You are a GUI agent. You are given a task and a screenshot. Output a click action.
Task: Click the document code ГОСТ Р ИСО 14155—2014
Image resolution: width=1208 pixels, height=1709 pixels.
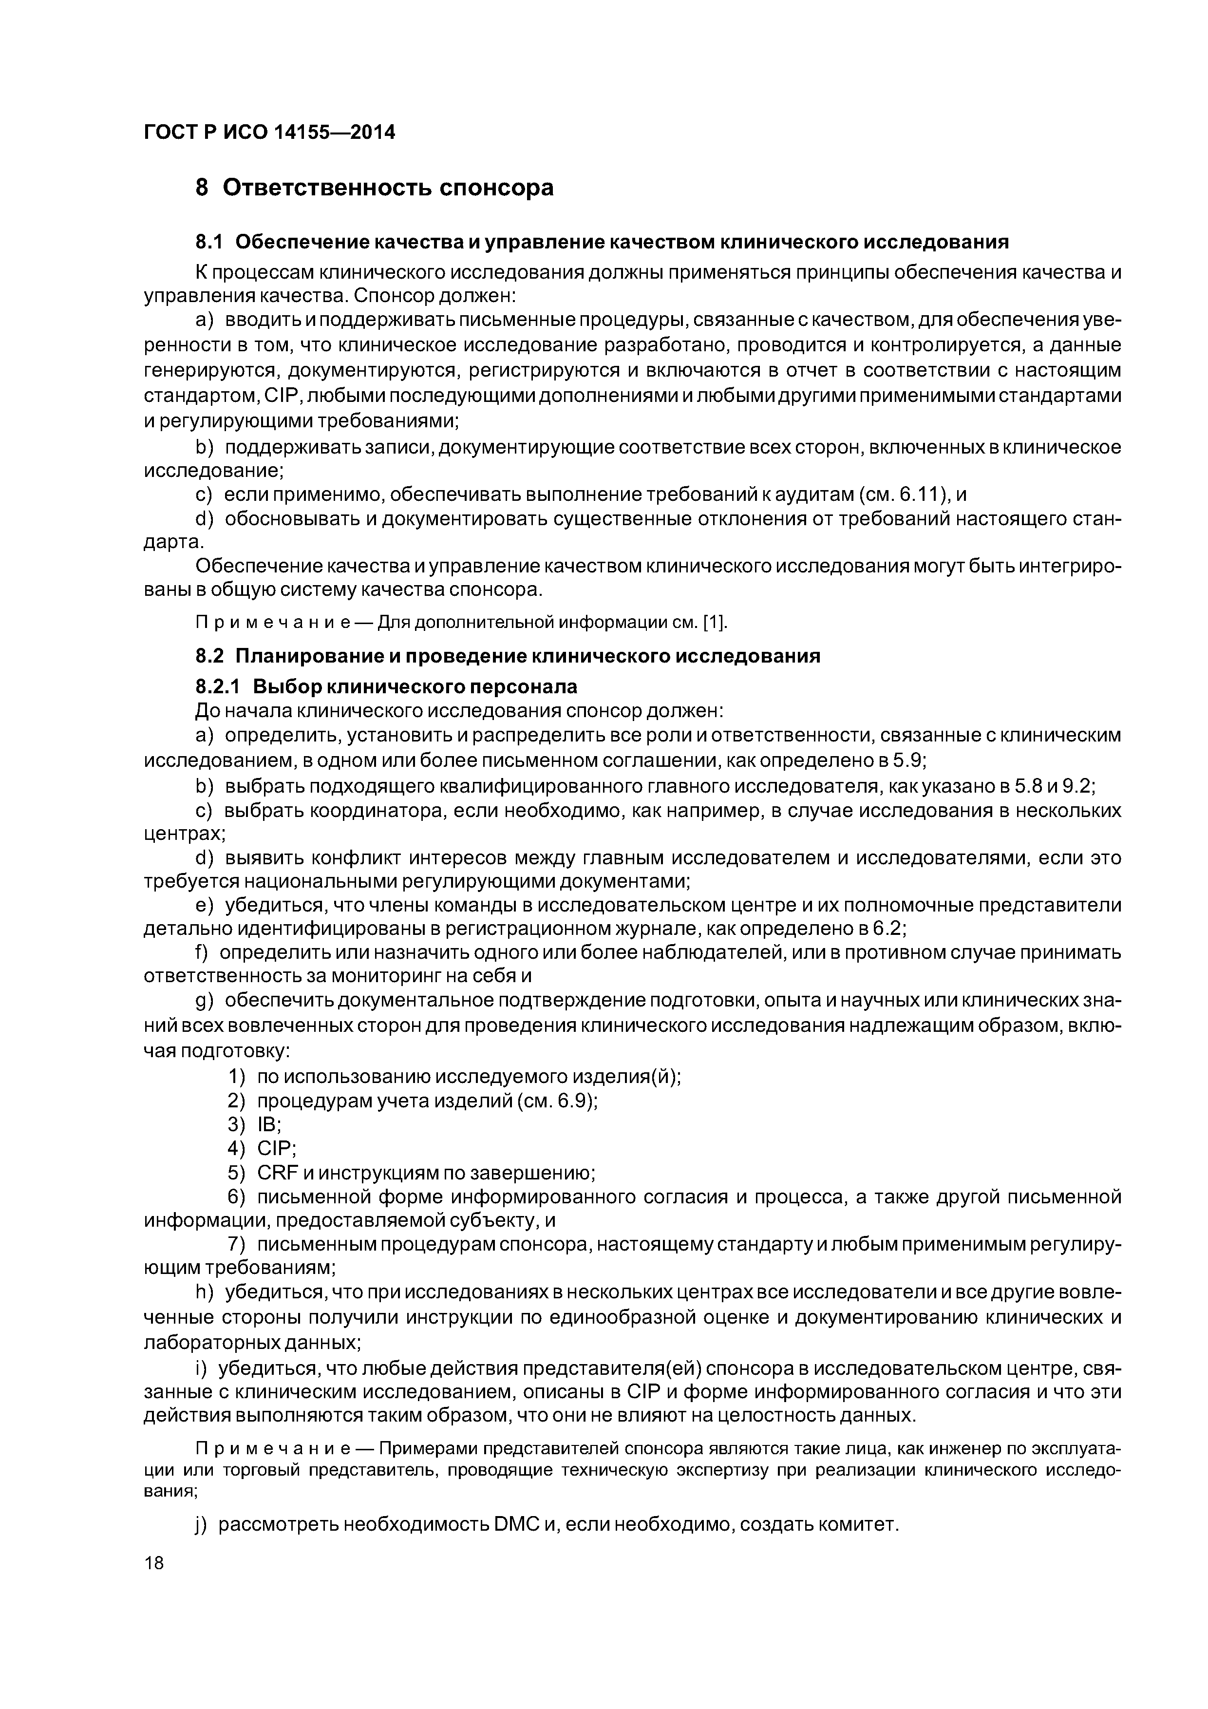coord(269,133)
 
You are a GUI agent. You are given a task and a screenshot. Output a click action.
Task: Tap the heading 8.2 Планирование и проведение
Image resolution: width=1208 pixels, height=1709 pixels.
coord(508,656)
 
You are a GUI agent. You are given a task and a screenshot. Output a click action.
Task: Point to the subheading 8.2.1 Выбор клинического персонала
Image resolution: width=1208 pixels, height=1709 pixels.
coord(386,685)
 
